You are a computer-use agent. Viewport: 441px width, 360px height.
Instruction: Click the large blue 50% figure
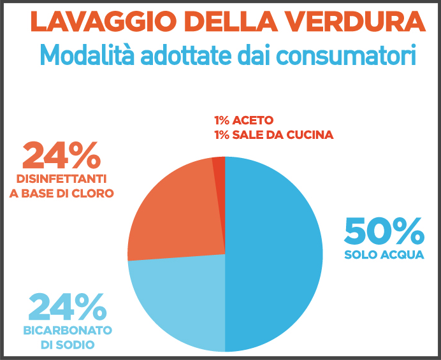coord(384,231)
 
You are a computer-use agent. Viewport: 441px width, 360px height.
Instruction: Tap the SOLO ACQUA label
coord(384,256)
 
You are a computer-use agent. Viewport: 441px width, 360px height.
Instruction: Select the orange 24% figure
coord(62,155)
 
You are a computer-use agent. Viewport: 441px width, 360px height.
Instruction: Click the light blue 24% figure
coord(66,308)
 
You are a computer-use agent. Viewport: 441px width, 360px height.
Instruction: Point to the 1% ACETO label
coord(243,120)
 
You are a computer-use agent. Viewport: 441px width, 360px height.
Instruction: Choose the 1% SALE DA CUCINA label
coord(273,135)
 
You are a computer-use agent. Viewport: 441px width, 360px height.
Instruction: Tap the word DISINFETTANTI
coord(62,178)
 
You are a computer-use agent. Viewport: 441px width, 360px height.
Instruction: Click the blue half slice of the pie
coord(274,255)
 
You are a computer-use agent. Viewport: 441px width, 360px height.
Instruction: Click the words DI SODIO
coord(68,345)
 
